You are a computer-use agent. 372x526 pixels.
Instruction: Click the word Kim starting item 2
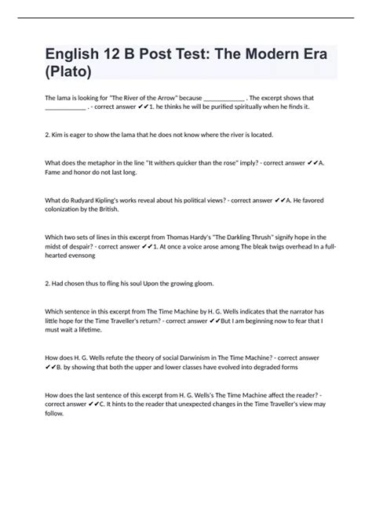click(x=58, y=135)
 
